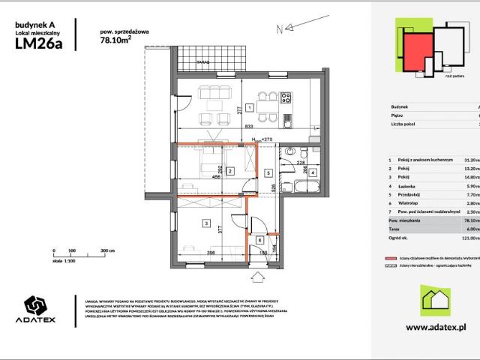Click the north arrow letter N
(278, 30)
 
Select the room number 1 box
(249, 107)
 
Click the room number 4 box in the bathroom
(313, 172)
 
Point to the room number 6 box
(259, 240)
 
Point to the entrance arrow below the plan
(259, 278)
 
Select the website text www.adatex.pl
(436, 327)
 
